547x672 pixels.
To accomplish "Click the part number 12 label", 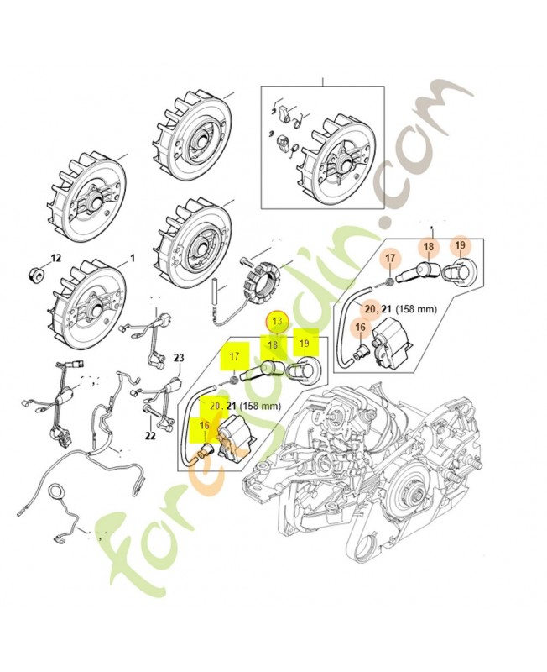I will pos(57,258).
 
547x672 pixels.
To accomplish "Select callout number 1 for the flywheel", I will pos(130,258).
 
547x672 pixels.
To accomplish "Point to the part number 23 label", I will pos(178,358).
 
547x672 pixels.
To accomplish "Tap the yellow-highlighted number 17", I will pos(234,355).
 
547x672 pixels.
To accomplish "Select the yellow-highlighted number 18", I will pos(272,344).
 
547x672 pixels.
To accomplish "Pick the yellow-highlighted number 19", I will pos(305,344).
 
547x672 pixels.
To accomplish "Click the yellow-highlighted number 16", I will pos(204,427).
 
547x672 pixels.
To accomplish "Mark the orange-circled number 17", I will pos(390,257).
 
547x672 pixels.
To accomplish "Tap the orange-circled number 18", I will pos(428,247).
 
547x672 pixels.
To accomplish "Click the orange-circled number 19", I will pos(461,246).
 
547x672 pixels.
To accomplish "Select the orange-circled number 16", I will pos(360,328).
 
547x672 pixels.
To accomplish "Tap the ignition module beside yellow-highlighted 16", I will pos(237,440).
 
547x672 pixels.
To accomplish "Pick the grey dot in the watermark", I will pos(387,223).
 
